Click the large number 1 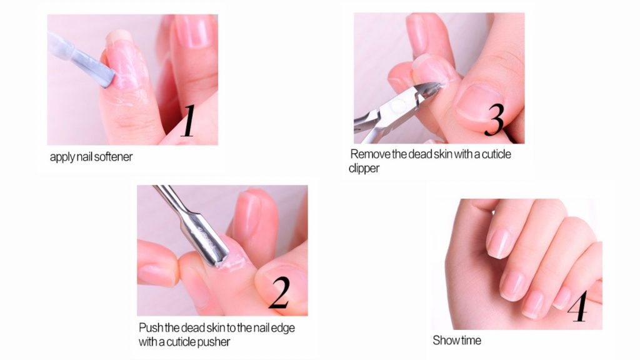(189, 121)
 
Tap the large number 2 (279, 292)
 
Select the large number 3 (494, 119)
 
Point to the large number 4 (578, 306)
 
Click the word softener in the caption (112, 157)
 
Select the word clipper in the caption (364, 168)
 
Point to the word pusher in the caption (214, 342)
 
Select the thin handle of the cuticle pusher (170, 200)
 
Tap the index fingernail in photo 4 (499, 244)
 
